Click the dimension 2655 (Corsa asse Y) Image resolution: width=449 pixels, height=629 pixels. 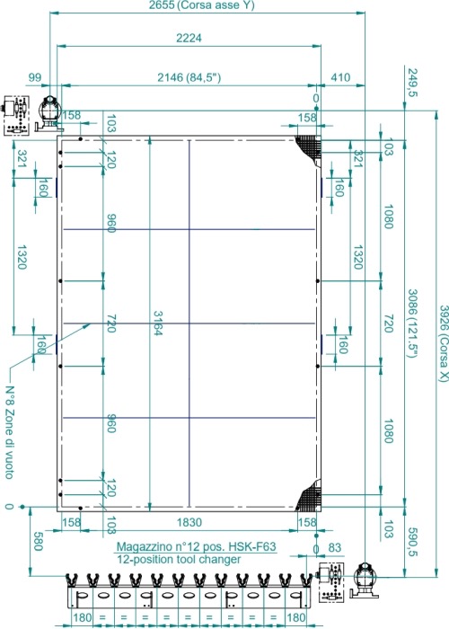click(x=201, y=5)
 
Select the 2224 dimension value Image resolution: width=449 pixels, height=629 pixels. click(x=189, y=38)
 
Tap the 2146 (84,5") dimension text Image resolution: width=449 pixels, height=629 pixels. click(x=189, y=77)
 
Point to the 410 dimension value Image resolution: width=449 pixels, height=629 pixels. click(x=340, y=77)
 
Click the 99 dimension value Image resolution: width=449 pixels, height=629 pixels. click(x=35, y=77)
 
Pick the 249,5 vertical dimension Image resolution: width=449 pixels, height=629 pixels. click(x=412, y=83)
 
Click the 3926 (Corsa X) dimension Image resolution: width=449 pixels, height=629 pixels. click(x=442, y=343)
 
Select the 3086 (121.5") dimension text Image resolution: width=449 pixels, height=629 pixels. click(x=413, y=323)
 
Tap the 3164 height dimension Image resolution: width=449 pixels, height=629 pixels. click(x=157, y=323)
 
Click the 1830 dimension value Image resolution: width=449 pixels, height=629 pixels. click(x=189, y=522)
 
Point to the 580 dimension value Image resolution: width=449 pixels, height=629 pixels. click(x=38, y=542)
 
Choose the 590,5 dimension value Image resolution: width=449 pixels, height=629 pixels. click(x=412, y=543)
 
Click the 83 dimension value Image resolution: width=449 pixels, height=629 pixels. click(x=335, y=547)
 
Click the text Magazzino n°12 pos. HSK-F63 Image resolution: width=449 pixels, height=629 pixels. click(x=196, y=546)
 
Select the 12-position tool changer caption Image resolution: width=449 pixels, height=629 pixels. click(x=179, y=559)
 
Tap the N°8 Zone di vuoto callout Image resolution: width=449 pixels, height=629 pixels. click(x=10, y=432)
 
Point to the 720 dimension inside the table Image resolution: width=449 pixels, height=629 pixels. click(x=111, y=323)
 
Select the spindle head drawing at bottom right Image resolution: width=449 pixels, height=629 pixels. click(x=365, y=579)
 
